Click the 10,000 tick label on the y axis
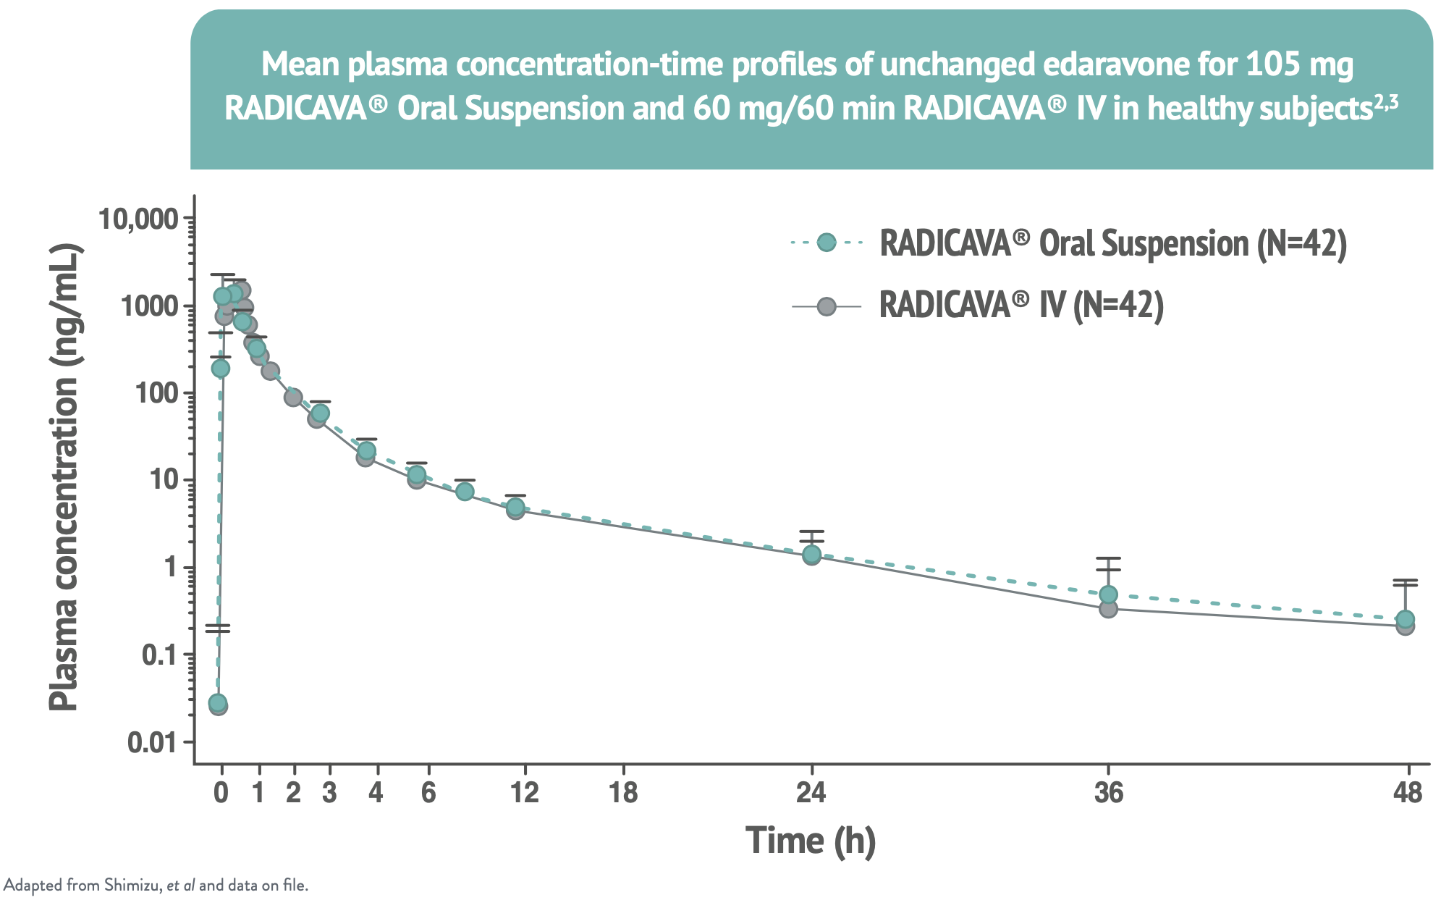tap(138, 219)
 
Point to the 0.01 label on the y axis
tap(151, 743)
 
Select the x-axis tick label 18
tap(623, 794)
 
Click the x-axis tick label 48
tap(1407, 794)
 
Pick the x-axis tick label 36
tap(1108, 794)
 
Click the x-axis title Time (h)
tap(811, 841)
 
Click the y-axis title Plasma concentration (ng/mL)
tap(64, 478)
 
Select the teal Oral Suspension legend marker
tap(826, 243)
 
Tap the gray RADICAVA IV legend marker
tap(826, 307)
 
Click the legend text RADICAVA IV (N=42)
tap(1020, 306)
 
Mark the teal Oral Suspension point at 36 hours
tap(1108, 594)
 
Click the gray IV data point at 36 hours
tap(1108, 609)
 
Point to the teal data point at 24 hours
tap(811, 554)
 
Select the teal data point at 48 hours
tap(1406, 619)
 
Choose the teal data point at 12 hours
tap(515, 506)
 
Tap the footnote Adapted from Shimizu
tap(156, 885)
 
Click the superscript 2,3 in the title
tap(1385, 102)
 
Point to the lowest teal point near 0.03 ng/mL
tap(217, 702)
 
